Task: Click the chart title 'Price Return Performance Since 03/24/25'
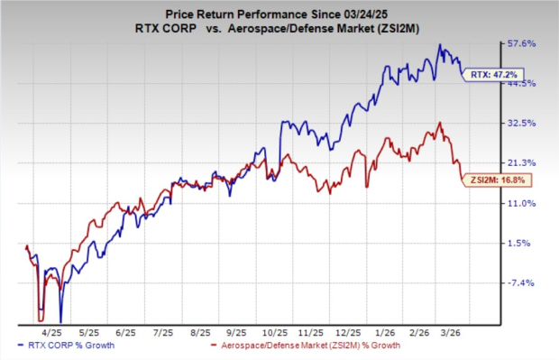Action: point(279,11)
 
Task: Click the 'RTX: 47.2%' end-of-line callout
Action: point(490,76)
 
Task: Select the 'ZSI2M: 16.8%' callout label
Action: point(497,180)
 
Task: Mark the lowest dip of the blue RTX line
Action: point(60,320)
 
